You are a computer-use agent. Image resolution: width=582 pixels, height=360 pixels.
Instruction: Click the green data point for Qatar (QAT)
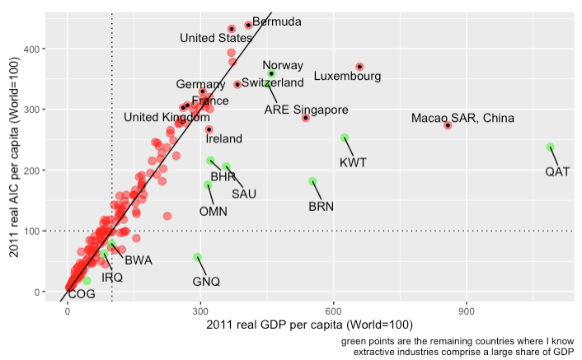[x=550, y=147]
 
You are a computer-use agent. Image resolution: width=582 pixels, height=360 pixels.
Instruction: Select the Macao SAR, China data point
[x=448, y=125]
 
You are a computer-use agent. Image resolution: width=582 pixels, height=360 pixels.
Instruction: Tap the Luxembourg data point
[x=359, y=67]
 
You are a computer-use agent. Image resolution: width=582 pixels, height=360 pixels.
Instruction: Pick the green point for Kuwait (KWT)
[x=345, y=138]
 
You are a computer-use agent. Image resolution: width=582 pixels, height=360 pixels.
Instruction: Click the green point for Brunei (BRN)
[x=312, y=181]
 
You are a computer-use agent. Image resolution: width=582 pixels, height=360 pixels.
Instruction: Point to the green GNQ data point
[x=197, y=257]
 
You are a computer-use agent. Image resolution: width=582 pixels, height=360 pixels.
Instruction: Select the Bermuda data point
[x=248, y=26]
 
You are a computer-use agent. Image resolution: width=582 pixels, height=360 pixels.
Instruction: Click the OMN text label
[x=214, y=211]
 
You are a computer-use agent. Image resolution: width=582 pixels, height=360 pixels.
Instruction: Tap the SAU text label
[x=244, y=194]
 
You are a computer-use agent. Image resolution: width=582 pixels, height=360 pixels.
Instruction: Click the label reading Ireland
[x=224, y=139]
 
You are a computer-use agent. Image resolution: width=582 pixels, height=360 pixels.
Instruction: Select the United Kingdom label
[x=167, y=117]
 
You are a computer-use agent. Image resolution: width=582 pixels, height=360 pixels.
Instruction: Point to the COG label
[x=82, y=294]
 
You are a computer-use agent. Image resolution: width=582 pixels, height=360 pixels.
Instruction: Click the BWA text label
[x=138, y=260]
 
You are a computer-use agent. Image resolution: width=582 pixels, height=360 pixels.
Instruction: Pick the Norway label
[x=283, y=65]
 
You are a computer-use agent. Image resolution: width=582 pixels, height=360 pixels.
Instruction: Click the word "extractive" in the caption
[x=377, y=352]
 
